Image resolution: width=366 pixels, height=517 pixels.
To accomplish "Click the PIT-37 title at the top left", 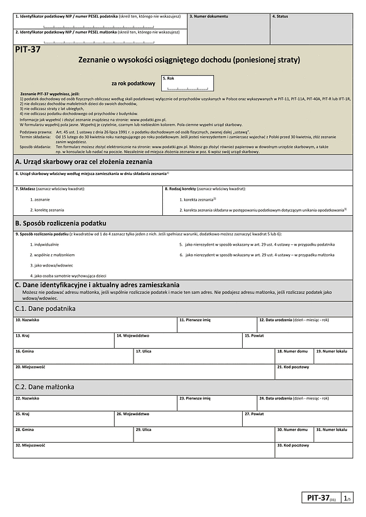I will point(28,51).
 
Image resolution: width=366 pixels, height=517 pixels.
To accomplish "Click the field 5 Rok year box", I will point(187,84).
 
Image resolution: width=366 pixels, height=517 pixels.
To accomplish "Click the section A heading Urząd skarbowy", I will point(84,162).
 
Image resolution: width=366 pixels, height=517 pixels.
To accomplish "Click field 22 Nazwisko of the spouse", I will point(95,402).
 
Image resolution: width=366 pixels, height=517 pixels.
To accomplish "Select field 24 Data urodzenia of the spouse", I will point(304,402).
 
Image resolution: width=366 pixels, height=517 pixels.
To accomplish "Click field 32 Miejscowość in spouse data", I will point(143,449).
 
